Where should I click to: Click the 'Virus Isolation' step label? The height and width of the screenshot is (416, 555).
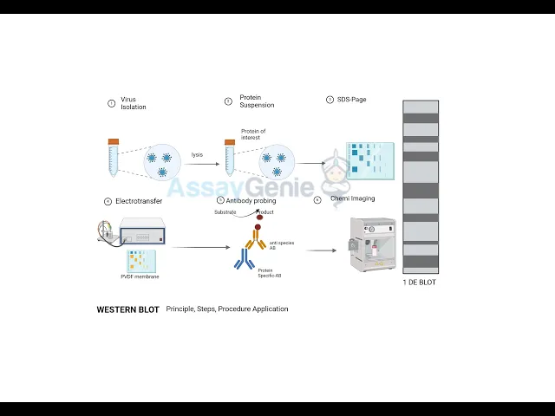133,103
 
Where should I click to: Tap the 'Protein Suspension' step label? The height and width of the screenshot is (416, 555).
256,101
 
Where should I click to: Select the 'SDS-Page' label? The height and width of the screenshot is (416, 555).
351,100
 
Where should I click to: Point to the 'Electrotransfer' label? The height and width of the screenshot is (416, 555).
139,201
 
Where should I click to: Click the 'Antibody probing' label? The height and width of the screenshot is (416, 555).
251,201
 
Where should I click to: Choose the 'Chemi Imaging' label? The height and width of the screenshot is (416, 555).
352,198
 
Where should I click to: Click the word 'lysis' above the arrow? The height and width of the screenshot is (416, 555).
197,154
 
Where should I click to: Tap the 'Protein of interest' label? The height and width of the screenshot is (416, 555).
253,134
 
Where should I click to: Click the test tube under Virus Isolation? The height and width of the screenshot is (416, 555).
113,159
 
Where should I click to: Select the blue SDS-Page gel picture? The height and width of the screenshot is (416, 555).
370,161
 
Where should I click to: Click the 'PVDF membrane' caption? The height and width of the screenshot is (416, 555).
140,276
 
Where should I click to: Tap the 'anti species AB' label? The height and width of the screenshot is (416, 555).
281,245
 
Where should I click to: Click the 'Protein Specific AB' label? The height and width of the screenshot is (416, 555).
270,273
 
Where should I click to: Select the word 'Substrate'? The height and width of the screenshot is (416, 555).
225,212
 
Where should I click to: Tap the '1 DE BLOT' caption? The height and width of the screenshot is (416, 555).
420,283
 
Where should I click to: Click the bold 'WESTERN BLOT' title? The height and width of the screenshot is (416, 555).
127,309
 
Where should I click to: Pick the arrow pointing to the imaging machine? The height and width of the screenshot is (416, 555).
321,250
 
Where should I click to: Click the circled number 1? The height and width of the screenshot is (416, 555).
111,103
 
